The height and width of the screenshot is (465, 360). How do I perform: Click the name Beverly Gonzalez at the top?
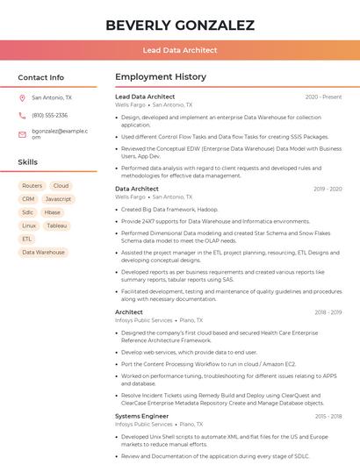tap(180, 25)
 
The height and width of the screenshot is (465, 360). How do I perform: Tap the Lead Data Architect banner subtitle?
tap(180, 51)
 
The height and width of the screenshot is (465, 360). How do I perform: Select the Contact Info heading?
tap(40, 77)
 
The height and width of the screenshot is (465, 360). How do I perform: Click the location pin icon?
tap(22, 98)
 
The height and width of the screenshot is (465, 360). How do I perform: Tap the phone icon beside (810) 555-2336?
tap(22, 116)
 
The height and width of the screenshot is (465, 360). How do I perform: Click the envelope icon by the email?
tap(22, 134)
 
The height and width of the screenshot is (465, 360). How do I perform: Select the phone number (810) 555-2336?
tap(49, 116)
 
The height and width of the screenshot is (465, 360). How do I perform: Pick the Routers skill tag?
tap(32, 186)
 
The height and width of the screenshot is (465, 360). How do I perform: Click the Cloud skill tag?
tap(61, 186)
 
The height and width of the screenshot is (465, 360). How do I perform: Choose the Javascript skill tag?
tap(58, 199)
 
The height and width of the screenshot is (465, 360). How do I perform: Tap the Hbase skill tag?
tap(53, 212)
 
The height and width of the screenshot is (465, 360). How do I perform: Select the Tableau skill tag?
tap(56, 225)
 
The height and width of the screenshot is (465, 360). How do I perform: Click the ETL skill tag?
tap(27, 239)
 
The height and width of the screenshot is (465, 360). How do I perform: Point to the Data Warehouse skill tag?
tap(43, 252)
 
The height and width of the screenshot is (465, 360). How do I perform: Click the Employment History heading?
tap(160, 77)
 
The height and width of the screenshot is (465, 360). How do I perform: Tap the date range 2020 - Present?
tap(323, 97)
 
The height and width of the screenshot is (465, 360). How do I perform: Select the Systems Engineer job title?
tap(142, 416)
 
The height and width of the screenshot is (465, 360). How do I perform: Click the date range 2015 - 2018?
tap(328, 416)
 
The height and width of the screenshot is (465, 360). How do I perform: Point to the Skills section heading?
tap(27, 162)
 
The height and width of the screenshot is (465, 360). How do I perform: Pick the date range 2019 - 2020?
tap(328, 189)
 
